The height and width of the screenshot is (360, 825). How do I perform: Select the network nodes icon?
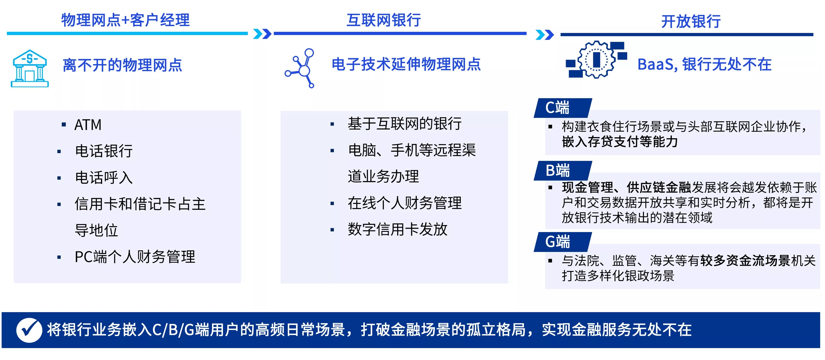tap(300, 68)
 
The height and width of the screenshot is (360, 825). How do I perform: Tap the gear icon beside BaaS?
tap(596, 60)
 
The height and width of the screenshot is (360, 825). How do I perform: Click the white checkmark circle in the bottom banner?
tap(29, 330)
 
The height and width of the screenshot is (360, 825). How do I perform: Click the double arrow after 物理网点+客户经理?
tap(262, 34)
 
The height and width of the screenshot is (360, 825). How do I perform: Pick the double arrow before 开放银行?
tap(545, 35)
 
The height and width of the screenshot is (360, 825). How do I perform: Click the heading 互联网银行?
tap(384, 20)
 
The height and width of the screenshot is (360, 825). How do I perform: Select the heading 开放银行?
tap(691, 21)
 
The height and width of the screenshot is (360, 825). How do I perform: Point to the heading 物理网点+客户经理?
tap(125, 20)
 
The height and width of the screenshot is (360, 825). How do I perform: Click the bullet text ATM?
tap(88, 125)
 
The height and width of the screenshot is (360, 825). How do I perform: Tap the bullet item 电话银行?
tap(104, 151)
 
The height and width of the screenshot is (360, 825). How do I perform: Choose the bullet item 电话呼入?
tap(104, 178)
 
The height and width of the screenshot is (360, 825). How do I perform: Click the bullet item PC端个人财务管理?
tap(134, 257)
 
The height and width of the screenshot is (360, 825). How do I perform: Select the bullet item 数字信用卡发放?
tap(397, 229)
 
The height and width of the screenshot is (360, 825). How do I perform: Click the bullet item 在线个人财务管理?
tap(405, 203)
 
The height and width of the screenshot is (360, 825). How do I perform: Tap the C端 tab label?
tap(557, 108)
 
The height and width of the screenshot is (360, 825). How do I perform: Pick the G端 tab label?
tap(557, 242)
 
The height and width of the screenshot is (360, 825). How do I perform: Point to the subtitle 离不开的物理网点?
tap(122, 65)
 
